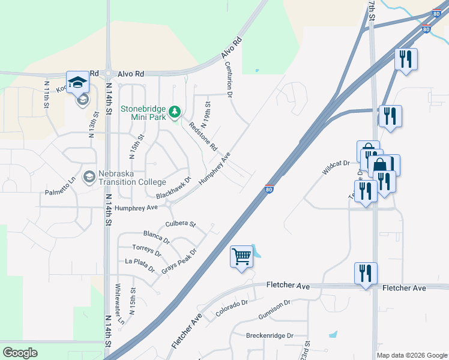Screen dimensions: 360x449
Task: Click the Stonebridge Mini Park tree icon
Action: [x=175, y=112]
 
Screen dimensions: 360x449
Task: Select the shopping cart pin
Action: [x=241, y=257]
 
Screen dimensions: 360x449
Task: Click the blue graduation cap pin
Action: [x=77, y=82]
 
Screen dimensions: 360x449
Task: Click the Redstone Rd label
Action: [x=203, y=137]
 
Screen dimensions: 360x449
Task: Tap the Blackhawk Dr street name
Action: [x=173, y=188]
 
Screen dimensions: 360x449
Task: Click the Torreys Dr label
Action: [x=147, y=250]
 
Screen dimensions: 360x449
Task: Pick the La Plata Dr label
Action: [x=139, y=262]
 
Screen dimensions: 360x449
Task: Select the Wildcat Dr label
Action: [x=336, y=167]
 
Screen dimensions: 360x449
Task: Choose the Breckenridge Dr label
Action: [x=270, y=335]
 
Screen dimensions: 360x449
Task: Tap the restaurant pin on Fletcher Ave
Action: [x=365, y=274]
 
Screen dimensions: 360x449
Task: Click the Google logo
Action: [x=20, y=353]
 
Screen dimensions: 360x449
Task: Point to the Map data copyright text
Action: [x=412, y=355]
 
